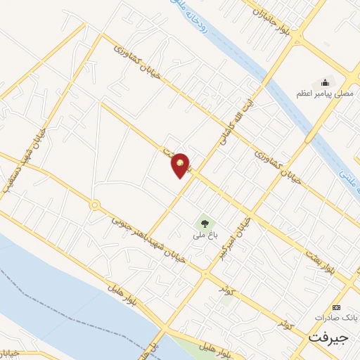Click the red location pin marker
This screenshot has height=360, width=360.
pos(181,165)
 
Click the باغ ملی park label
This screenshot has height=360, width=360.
pos(204,236)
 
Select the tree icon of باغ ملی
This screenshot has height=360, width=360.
pos(204,224)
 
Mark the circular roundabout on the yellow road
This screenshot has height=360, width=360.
pos(94,205)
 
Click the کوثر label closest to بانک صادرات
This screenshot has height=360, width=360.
pos(285,322)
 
